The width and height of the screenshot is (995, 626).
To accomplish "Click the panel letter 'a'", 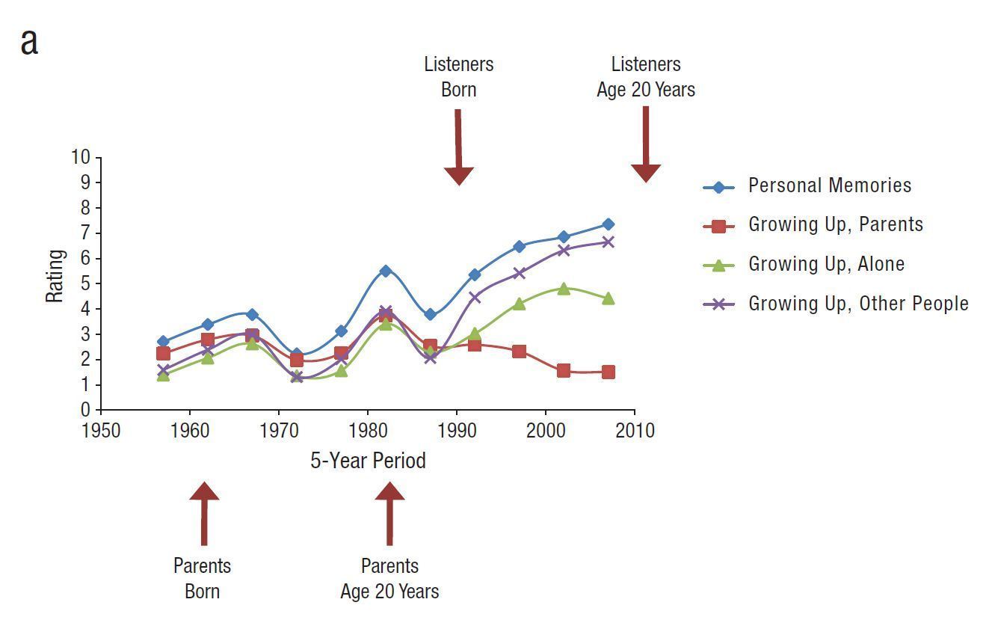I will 29,42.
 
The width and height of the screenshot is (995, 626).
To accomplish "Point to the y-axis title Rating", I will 55,276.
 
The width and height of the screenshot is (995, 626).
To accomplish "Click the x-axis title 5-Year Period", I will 368,461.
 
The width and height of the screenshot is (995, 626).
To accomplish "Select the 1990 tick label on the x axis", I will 457,432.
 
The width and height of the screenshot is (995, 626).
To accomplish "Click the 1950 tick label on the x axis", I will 101,432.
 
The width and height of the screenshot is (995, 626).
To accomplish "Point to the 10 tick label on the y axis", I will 81,157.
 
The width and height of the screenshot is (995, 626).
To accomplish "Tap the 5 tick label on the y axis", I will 85,283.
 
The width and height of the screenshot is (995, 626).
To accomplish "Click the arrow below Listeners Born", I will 458,147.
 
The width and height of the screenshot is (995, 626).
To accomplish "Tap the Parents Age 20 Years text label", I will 389,579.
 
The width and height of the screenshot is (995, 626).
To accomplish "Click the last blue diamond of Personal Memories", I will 608,224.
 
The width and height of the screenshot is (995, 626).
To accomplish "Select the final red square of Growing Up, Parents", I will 608,372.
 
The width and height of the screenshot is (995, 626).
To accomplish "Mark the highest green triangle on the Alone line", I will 563,289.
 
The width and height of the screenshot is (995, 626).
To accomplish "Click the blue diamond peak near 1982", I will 386,271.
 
